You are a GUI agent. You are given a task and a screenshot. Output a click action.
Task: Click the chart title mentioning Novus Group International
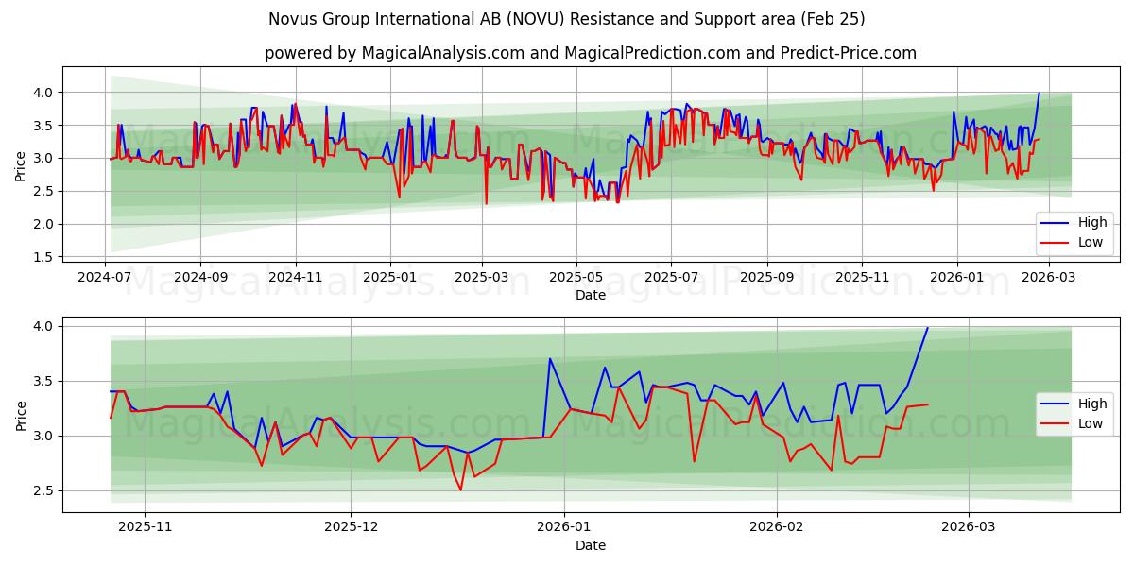pyautogui.click(x=566, y=19)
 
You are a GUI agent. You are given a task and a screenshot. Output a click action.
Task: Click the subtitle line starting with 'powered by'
pyautogui.click(x=590, y=53)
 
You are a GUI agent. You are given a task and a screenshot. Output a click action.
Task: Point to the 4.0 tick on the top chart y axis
pyautogui.click(x=43, y=93)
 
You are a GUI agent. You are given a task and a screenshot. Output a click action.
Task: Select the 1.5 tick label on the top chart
pyautogui.click(x=43, y=257)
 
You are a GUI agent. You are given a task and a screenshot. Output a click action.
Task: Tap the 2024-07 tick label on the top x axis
pyautogui.click(x=104, y=279)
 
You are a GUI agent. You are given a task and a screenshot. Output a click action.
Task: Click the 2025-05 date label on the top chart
pyautogui.click(x=576, y=279)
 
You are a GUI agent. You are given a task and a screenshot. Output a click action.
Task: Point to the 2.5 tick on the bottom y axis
pyautogui.click(x=43, y=490)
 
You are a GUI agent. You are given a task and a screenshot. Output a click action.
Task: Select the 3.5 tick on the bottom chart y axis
pyautogui.click(x=43, y=381)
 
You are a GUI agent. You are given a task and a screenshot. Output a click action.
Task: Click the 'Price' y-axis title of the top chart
pyautogui.click(x=21, y=165)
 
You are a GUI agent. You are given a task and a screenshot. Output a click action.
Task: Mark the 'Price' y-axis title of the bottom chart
pyautogui.click(x=21, y=415)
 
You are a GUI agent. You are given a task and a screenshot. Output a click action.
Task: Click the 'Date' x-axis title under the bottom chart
pyautogui.click(x=590, y=546)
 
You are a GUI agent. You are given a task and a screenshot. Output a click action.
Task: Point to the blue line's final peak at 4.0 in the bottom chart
pyautogui.click(x=927, y=328)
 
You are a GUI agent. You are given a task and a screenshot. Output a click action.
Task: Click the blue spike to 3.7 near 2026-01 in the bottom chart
pyautogui.click(x=549, y=359)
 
